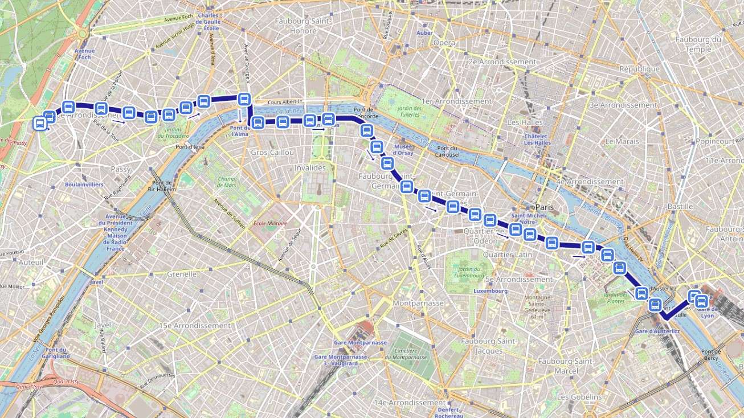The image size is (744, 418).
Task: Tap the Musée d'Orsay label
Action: click(403, 149)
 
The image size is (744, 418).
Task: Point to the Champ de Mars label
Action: click(226, 182)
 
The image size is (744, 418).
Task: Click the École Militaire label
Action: click(270, 223)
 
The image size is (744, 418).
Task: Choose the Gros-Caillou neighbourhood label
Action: click(272, 153)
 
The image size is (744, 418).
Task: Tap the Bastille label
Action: click(680, 206)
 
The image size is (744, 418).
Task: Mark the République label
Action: click(639, 69)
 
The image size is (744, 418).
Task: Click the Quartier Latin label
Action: click(507, 255)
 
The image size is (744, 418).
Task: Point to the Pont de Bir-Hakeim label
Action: click(161, 185)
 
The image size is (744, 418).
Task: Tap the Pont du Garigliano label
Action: click(58, 353)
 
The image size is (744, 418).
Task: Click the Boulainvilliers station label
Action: click(84, 185)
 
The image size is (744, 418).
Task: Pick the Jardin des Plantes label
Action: click(615, 297)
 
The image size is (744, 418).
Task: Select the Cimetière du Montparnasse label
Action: click(406, 354)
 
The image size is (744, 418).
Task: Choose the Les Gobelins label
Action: click(579, 396)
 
